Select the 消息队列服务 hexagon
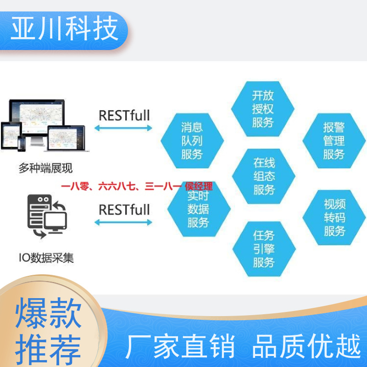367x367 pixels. coord(192,141)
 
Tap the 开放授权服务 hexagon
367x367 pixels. coord(262,109)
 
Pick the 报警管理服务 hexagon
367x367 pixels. coord(334,141)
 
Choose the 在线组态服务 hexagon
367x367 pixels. coord(263,176)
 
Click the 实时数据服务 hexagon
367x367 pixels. coord(199,209)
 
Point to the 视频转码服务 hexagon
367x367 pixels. coord(334,217)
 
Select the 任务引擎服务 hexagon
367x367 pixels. coord(264,249)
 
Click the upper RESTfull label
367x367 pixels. coord(124,116)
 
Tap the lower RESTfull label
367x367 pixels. coord(124,210)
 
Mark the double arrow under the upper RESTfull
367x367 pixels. coord(123,128)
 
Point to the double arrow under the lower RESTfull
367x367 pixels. coord(123,222)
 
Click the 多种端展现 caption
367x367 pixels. coord(45,168)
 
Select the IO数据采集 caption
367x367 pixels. coord(46,258)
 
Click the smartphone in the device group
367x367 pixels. coord(22,143)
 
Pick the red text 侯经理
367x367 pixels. coord(199,187)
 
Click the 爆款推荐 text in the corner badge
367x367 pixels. coord(48,331)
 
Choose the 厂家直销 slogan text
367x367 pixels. coord(180,346)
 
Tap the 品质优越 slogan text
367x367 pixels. coord(306,346)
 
